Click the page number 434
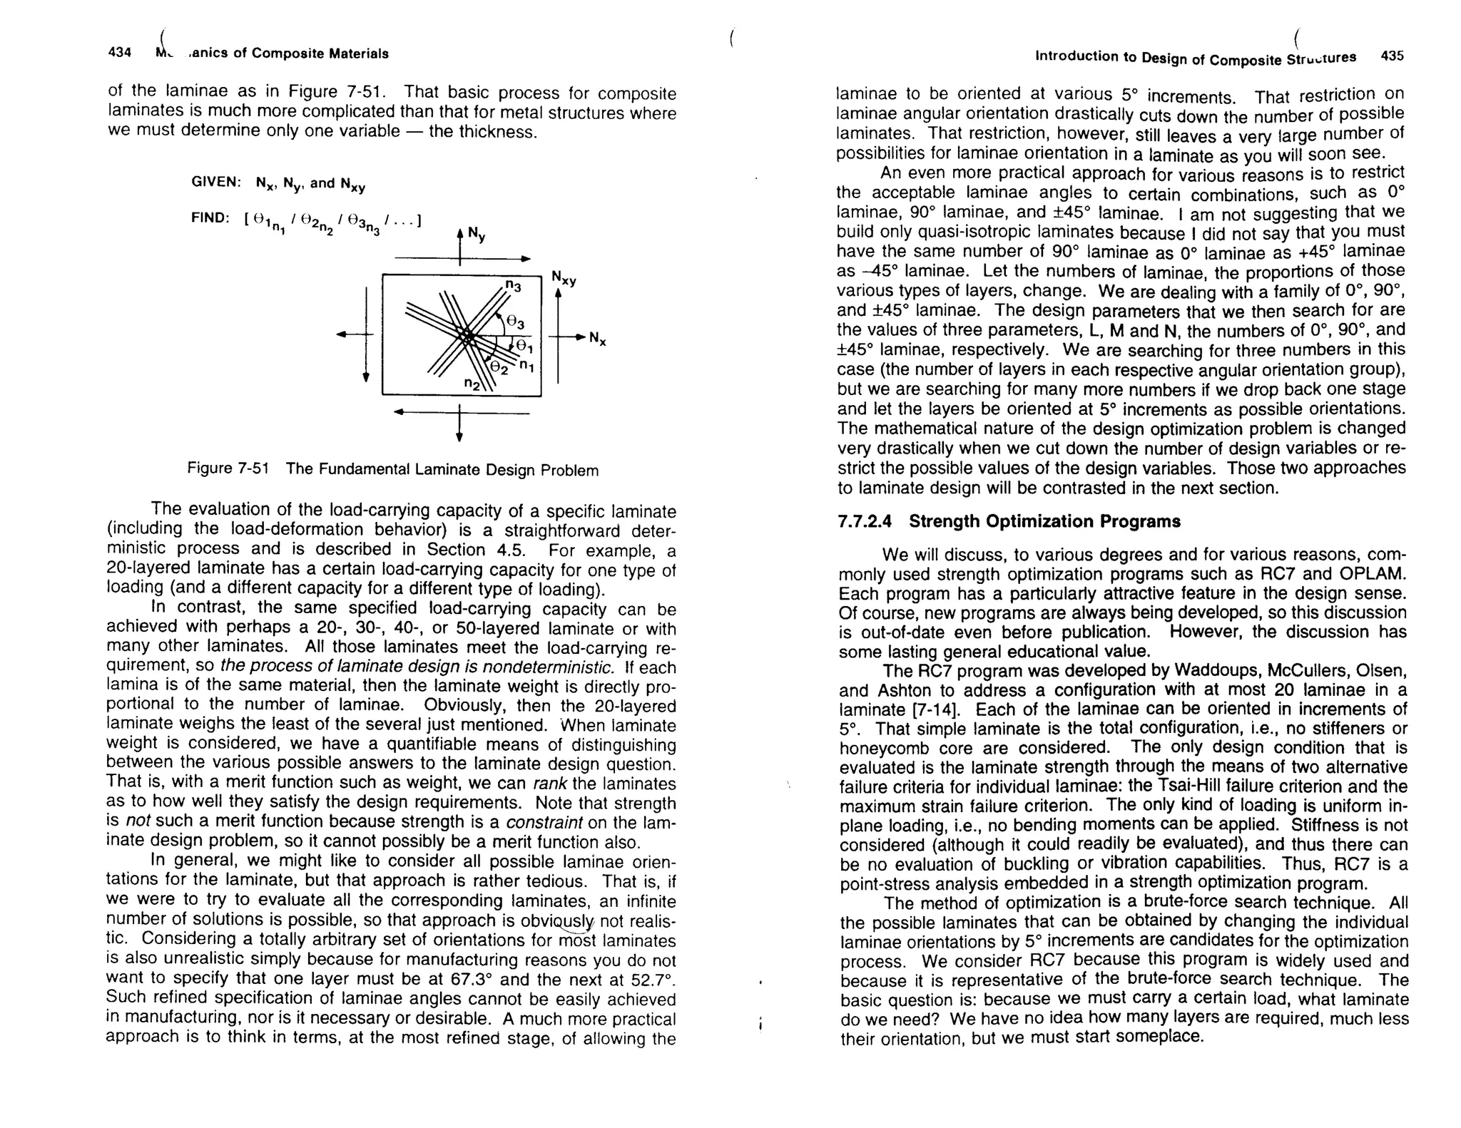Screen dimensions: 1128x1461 tap(119, 53)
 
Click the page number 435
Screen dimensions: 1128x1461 tap(1392, 56)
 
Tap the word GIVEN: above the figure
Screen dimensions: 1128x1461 tap(215, 182)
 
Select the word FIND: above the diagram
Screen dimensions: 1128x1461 tap(210, 218)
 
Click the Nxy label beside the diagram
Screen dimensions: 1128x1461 tap(564, 279)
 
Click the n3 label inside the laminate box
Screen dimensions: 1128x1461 tap(513, 286)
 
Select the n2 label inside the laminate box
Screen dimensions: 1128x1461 tap(472, 384)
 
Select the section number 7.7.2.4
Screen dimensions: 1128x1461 tap(865, 521)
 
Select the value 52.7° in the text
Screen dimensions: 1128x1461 tap(650, 978)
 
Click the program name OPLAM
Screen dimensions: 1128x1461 tap(1378, 574)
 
